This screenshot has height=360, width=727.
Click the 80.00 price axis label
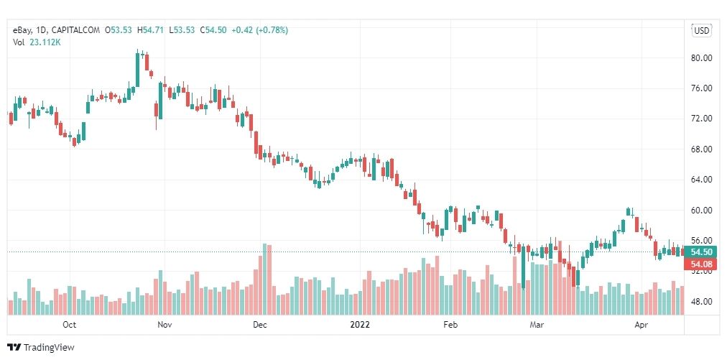pos(700,57)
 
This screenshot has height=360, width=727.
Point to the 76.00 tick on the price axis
pos(700,88)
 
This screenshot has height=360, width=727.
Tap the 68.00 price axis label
pos(700,149)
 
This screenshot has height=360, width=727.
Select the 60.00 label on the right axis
pos(700,210)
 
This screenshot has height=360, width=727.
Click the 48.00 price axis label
pos(700,301)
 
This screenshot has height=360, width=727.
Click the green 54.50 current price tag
pos(700,252)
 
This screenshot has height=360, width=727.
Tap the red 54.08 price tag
pos(700,264)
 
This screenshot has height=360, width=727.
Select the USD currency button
pos(701,30)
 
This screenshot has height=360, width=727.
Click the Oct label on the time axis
pos(69,324)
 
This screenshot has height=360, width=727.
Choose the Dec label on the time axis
pos(260,324)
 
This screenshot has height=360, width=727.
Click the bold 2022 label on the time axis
pos(360,324)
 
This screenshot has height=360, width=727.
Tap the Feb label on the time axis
pos(450,324)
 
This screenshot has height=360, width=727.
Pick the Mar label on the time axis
pos(536,324)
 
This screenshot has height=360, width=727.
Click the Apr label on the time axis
pos(642,324)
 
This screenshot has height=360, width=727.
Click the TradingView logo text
pos(49,348)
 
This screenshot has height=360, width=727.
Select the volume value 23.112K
pos(44,42)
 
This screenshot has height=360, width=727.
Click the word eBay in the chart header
pos(22,29)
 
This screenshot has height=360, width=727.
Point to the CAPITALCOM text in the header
pos(75,29)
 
